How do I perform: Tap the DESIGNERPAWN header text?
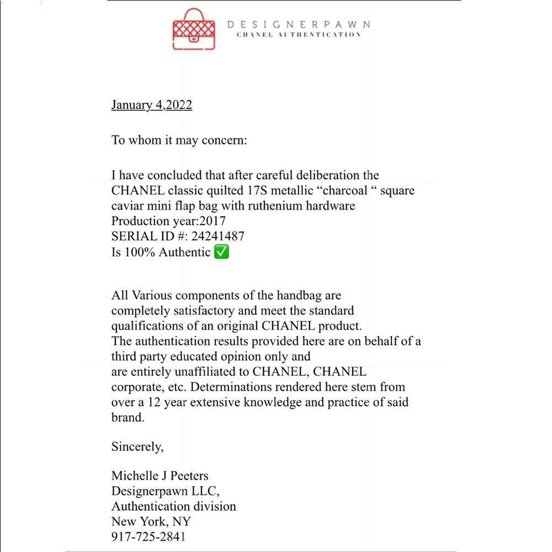[299, 24]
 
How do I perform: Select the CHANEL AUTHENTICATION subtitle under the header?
[299, 35]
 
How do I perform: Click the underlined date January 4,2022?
[152, 105]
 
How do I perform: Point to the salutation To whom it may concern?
[179, 140]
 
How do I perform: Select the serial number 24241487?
[218, 236]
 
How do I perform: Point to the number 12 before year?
[162, 402]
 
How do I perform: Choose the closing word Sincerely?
[137, 447]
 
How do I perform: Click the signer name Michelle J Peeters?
[160, 475]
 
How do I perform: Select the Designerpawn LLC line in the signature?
[166, 491]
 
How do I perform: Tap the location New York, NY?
[151, 521]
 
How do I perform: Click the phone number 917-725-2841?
[148, 537]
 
